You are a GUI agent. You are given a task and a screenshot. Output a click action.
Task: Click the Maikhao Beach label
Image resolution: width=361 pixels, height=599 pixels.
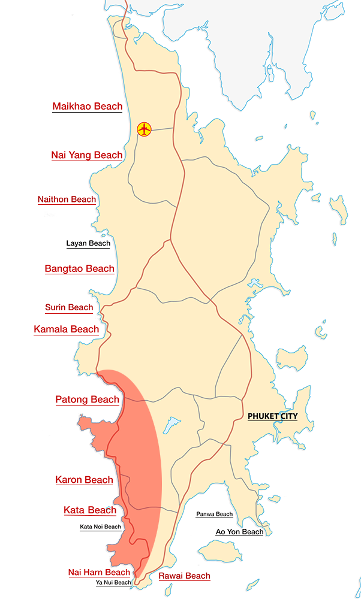coord(88,107)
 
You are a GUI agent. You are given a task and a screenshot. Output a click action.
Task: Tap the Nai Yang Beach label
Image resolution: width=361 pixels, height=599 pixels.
coord(87,155)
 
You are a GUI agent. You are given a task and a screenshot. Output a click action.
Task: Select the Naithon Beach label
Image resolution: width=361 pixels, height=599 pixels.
coord(67,199)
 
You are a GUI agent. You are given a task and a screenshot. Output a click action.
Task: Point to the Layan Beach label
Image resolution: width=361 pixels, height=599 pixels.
coord(88,244)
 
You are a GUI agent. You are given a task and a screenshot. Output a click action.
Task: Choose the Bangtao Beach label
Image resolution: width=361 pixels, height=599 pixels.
coord(79,268)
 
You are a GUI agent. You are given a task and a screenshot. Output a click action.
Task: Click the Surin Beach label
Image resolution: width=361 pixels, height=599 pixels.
coord(69,308)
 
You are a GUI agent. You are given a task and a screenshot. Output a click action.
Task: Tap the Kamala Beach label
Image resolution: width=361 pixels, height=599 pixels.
coord(67,329)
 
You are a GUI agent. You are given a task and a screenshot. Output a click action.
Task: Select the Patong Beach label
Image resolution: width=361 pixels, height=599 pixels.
coord(87,400)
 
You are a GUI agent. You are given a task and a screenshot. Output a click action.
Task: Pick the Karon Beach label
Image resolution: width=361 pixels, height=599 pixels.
coord(84,480)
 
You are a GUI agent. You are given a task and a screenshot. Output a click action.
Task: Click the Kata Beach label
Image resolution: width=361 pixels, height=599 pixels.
coord(90,510)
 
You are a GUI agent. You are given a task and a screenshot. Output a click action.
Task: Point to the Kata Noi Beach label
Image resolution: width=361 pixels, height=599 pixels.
coord(101,527)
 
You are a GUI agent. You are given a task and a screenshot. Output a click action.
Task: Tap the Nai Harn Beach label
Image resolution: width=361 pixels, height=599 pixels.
coord(99,573)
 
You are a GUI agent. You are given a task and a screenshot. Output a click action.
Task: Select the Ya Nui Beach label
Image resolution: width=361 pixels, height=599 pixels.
coord(113,583)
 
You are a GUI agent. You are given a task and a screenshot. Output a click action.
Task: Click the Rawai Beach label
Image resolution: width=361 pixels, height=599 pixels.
coord(184,576)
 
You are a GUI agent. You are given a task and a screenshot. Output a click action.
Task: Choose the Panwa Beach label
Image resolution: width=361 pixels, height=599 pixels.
coord(215,515)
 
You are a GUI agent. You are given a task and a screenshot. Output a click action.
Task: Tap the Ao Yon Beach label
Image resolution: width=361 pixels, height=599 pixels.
coord(239,532)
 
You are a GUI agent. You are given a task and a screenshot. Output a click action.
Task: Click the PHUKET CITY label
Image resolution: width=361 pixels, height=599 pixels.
coord(272,416)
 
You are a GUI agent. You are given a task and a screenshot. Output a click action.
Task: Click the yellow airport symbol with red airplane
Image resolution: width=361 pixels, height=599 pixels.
coord(145,128)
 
